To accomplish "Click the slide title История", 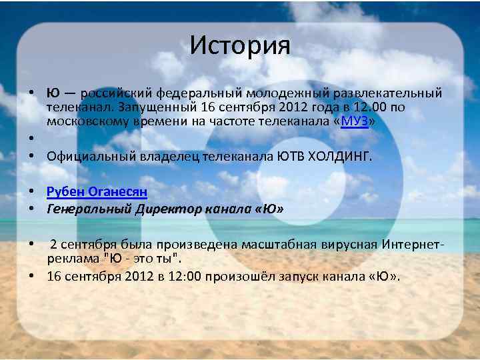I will point(240,45).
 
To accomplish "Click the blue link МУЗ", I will point(355,121).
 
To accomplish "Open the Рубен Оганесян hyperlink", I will point(97,192).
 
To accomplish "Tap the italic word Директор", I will point(167,209).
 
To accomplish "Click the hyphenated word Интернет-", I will point(413,244).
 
